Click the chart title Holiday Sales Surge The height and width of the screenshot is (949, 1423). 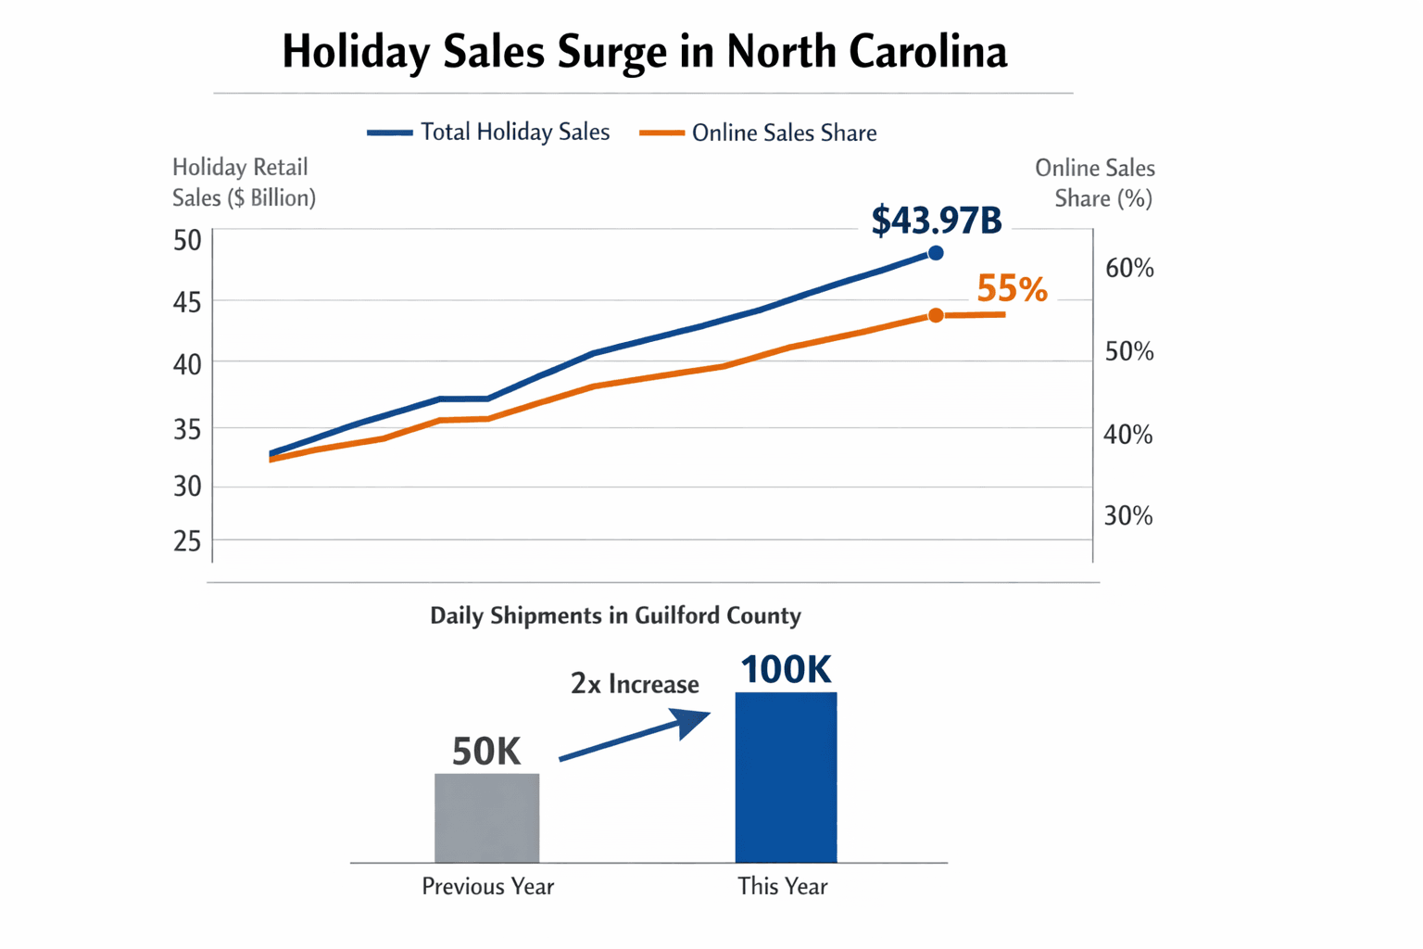click(644, 52)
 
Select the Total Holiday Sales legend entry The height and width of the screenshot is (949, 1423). click(488, 133)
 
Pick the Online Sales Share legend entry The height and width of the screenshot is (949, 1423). click(758, 133)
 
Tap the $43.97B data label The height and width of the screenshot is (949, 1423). click(936, 221)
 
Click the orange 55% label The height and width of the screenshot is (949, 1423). click(1012, 289)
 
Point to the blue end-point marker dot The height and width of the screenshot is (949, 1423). click(936, 253)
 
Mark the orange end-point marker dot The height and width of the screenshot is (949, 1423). click(936, 316)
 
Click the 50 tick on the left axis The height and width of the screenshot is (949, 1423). click(187, 241)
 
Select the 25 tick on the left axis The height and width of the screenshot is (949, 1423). click(187, 541)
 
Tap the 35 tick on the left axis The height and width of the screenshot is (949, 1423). click(187, 429)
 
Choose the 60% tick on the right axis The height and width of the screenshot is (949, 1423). click(1129, 269)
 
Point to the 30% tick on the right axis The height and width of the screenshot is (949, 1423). click(1128, 516)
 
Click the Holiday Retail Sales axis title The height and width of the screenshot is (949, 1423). click(244, 183)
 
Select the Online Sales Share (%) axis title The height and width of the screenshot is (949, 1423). click(1095, 183)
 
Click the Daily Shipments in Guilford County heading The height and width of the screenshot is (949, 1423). click(615, 615)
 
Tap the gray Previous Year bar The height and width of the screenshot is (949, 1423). click(487, 817)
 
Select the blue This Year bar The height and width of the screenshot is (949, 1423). click(786, 777)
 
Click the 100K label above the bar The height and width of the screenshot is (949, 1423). click(786, 669)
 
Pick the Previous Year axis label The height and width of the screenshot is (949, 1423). click(487, 887)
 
